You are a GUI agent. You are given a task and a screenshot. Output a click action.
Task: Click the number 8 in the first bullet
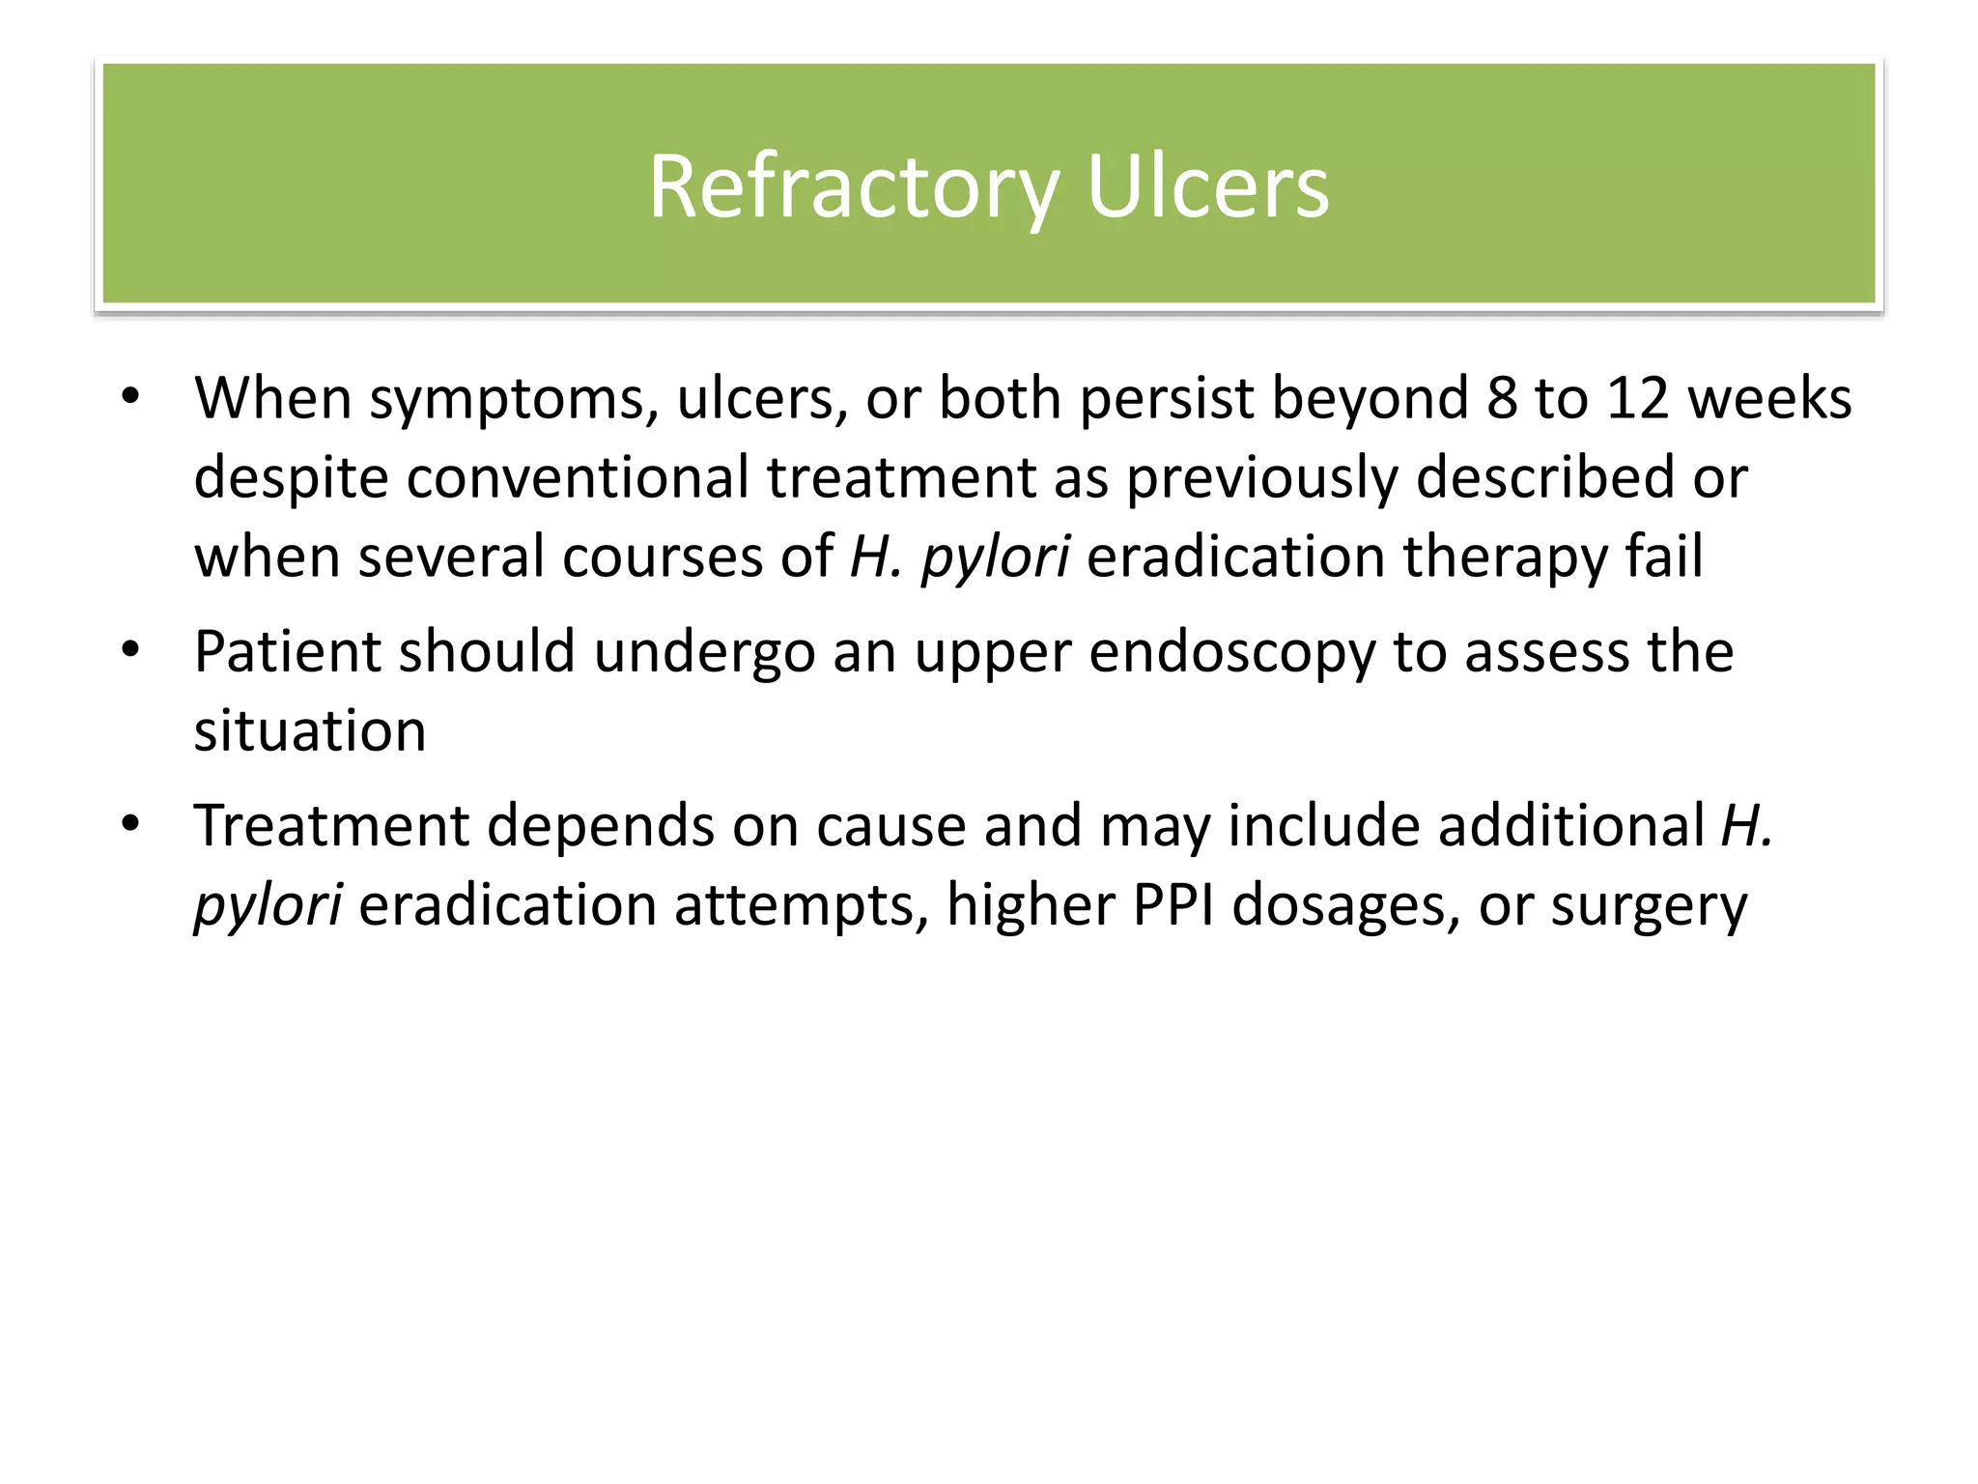tap(1502, 398)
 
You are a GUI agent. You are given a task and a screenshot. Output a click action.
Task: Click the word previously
tap(1261, 479)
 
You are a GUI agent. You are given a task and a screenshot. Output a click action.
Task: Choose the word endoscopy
tap(1232, 653)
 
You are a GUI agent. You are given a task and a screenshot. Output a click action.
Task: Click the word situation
tap(310, 730)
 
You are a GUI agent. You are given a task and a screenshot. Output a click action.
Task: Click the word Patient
tap(288, 651)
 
